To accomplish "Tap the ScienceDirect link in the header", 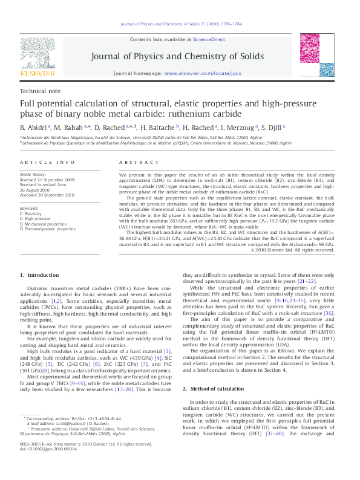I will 209,39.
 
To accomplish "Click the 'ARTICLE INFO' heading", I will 48,163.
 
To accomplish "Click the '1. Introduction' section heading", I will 40,276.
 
